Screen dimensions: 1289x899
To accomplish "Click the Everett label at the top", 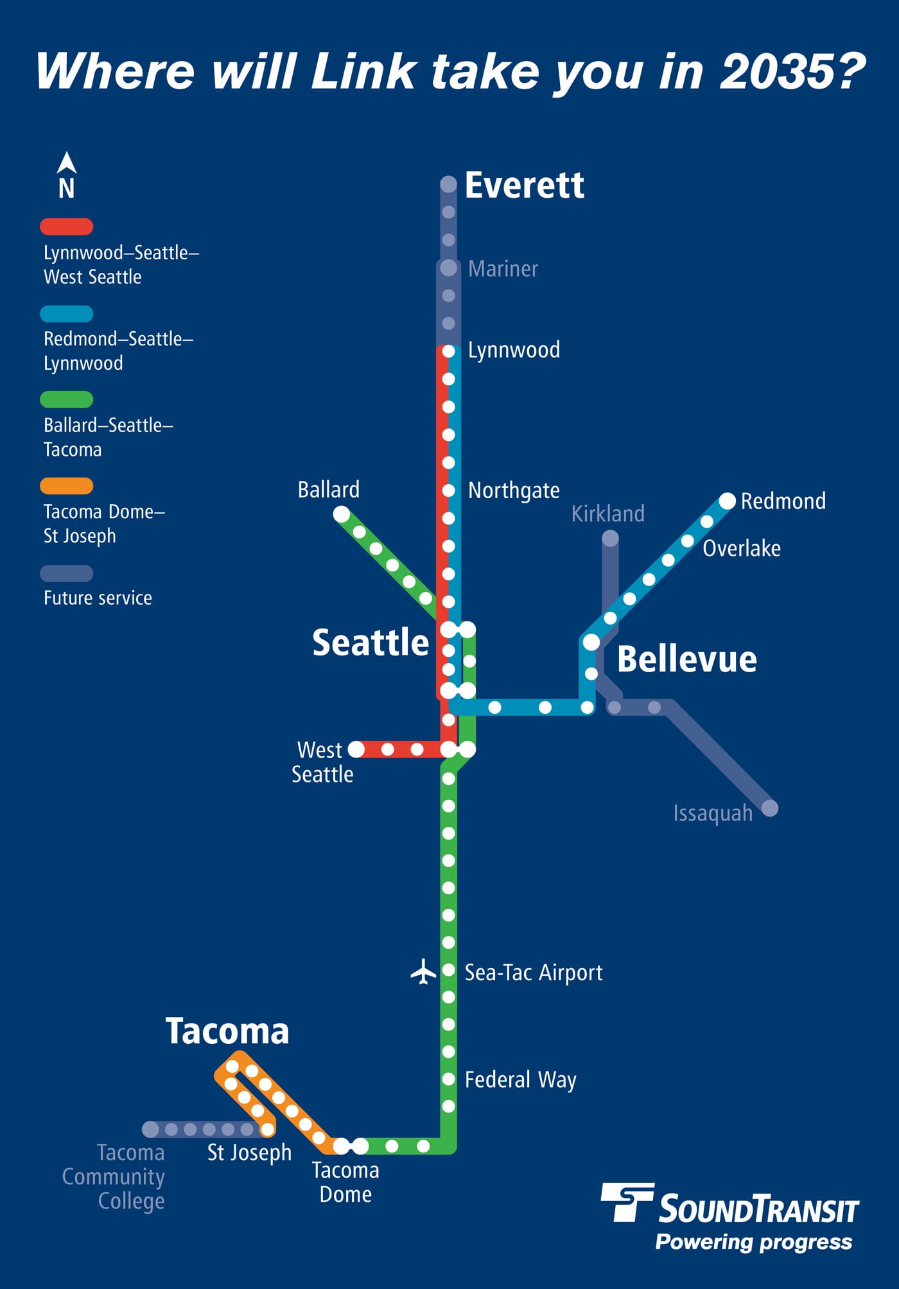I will [524, 186].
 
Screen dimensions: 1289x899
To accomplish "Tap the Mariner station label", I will [503, 268].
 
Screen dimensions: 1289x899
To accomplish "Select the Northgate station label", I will [514, 490].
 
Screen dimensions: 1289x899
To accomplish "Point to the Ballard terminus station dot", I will [342, 514].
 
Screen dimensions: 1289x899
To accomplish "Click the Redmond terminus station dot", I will [727, 501].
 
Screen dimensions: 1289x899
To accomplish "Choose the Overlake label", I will [742, 549].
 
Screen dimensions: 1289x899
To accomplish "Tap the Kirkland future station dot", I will [610, 538].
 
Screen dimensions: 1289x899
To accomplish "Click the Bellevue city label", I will [686, 659].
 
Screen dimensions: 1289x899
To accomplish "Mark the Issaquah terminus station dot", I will [769, 808].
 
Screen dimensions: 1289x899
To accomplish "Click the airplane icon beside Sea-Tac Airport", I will [423, 971].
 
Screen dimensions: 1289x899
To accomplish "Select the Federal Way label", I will [520, 1080].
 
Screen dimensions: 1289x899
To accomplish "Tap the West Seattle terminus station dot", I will [356, 749].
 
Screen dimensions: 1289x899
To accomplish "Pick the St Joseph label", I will [249, 1153].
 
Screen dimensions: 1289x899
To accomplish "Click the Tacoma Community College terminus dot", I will [150, 1129].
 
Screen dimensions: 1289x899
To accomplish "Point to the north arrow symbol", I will [67, 164].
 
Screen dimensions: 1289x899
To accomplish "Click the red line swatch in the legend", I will [67, 227].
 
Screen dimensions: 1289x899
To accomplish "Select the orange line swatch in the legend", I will [67, 486].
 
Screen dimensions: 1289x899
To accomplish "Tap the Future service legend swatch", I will [67, 573].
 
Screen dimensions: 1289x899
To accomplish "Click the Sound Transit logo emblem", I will [627, 1202].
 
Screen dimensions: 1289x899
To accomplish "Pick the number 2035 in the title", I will [792, 71].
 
